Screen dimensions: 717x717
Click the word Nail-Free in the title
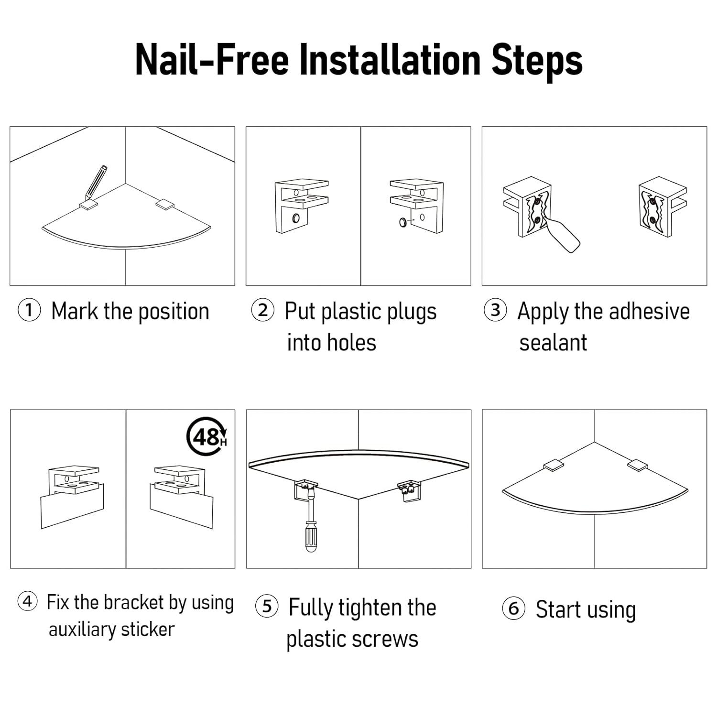[x=212, y=60]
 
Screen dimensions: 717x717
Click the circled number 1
[x=29, y=311]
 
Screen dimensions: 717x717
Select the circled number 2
[x=263, y=310]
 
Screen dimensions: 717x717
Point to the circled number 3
[x=496, y=310]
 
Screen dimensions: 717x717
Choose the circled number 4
[x=28, y=601]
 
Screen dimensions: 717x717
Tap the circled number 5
[x=267, y=607]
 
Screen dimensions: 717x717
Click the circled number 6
[x=513, y=608]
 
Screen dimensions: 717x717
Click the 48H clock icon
[x=206, y=436]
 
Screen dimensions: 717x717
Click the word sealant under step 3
[x=553, y=343]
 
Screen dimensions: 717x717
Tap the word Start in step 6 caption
[x=557, y=609]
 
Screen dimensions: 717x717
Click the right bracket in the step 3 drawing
[x=663, y=207]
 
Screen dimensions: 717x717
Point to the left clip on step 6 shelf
[x=554, y=465]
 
